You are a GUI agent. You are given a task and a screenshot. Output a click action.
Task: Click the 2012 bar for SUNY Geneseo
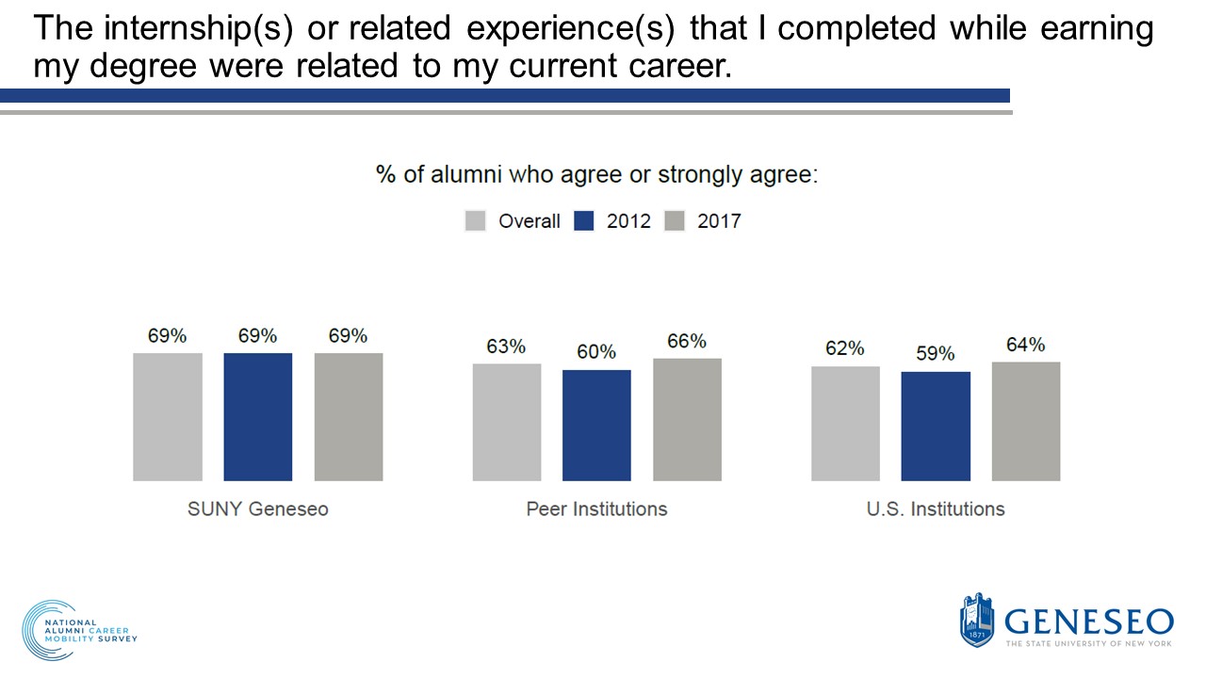tap(257, 417)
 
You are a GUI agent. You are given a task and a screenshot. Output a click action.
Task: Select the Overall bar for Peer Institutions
tap(506, 422)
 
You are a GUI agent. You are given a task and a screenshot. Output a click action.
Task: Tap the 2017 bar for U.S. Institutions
tap(1026, 421)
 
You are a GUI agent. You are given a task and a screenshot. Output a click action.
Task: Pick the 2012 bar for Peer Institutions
tap(596, 426)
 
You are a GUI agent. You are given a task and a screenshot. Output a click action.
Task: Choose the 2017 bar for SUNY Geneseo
tap(348, 417)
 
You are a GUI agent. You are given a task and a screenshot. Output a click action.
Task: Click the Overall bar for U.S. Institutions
tap(845, 424)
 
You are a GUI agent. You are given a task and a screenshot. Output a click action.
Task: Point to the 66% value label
tap(687, 342)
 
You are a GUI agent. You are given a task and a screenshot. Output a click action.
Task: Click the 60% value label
tap(596, 352)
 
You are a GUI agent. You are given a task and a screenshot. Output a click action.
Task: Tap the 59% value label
tap(936, 354)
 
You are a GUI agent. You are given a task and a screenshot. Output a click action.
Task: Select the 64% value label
tap(1026, 345)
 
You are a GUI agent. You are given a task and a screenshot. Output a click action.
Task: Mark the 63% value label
tap(506, 347)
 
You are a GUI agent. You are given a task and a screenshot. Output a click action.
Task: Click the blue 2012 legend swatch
tap(584, 221)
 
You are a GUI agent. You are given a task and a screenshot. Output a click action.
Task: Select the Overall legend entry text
tap(529, 221)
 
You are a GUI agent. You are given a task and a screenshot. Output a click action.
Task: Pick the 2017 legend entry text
tap(719, 221)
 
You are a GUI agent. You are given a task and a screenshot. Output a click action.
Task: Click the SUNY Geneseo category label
tap(257, 509)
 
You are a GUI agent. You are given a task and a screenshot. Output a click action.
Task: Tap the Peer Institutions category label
tap(596, 509)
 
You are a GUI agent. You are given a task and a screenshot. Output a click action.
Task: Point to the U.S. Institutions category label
tap(936, 509)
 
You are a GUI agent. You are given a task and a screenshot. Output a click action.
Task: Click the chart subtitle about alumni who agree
tap(597, 175)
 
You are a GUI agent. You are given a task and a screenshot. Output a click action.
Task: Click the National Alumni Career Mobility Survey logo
tap(79, 629)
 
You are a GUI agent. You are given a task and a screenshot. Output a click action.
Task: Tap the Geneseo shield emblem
tap(976, 621)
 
